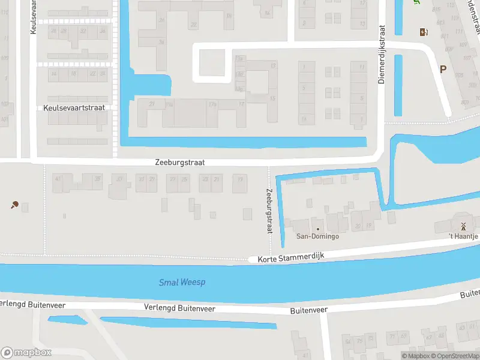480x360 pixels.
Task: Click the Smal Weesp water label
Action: [x=182, y=282]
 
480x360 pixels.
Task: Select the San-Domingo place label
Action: [x=317, y=236]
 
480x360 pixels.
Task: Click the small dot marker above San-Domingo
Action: [x=317, y=229]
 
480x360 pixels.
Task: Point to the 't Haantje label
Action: [x=464, y=236]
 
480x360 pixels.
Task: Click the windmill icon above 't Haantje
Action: [x=463, y=226]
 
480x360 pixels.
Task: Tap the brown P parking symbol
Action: [x=443, y=69]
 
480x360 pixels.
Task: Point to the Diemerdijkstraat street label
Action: [x=381, y=54]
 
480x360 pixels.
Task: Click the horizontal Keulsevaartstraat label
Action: [x=74, y=108]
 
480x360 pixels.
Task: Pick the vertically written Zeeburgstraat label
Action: [x=269, y=211]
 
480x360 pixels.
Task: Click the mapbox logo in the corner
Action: [x=26, y=352]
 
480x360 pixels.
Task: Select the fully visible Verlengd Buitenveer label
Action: [x=179, y=307]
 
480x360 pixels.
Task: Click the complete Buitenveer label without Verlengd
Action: [x=308, y=310]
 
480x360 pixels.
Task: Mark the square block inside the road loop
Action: [x=212, y=62]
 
